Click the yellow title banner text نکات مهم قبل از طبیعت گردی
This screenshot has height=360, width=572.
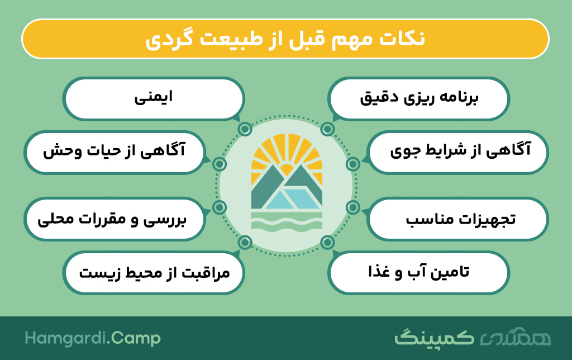(x=285, y=39)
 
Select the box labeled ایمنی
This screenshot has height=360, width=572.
(x=153, y=98)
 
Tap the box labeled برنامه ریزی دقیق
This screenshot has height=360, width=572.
(x=418, y=98)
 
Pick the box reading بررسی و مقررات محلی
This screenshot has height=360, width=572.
(x=114, y=219)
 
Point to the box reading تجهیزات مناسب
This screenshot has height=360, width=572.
(x=458, y=219)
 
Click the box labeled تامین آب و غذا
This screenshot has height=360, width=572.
(x=418, y=272)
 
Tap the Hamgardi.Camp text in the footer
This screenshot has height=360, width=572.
(x=93, y=339)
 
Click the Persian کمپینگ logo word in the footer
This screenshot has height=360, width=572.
(x=434, y=338)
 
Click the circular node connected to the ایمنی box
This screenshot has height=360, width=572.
(x=245, y=129)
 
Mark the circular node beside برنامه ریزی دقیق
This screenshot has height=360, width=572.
(x=327, y=129)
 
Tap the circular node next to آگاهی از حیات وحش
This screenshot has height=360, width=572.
(x=219, y=164)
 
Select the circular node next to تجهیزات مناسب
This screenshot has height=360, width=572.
(x=353, y=207)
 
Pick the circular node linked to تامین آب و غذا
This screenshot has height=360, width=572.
(x=327, y=242)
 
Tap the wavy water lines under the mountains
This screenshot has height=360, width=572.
(x=287, y=221)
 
